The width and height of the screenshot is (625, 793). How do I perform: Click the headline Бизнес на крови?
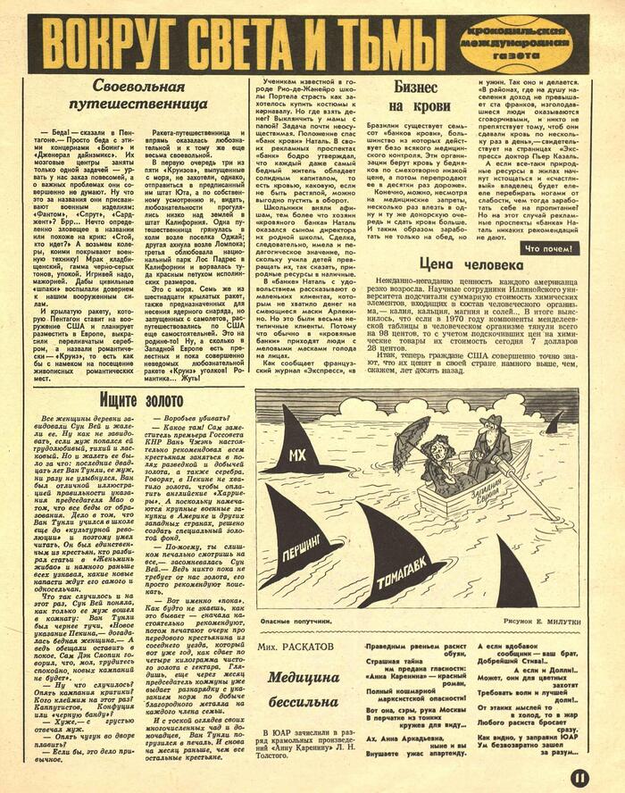click(x=415, y=97)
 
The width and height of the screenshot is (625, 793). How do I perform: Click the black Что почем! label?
click(x=549, y=247)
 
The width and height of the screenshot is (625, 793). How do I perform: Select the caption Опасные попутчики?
click(x=292, y=617)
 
